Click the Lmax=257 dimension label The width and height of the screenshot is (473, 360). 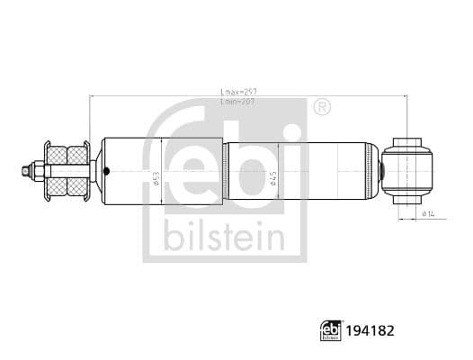pos(237,92)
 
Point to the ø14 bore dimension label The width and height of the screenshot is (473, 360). pos(428,213)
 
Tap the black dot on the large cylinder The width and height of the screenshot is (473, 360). pos(106,170)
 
